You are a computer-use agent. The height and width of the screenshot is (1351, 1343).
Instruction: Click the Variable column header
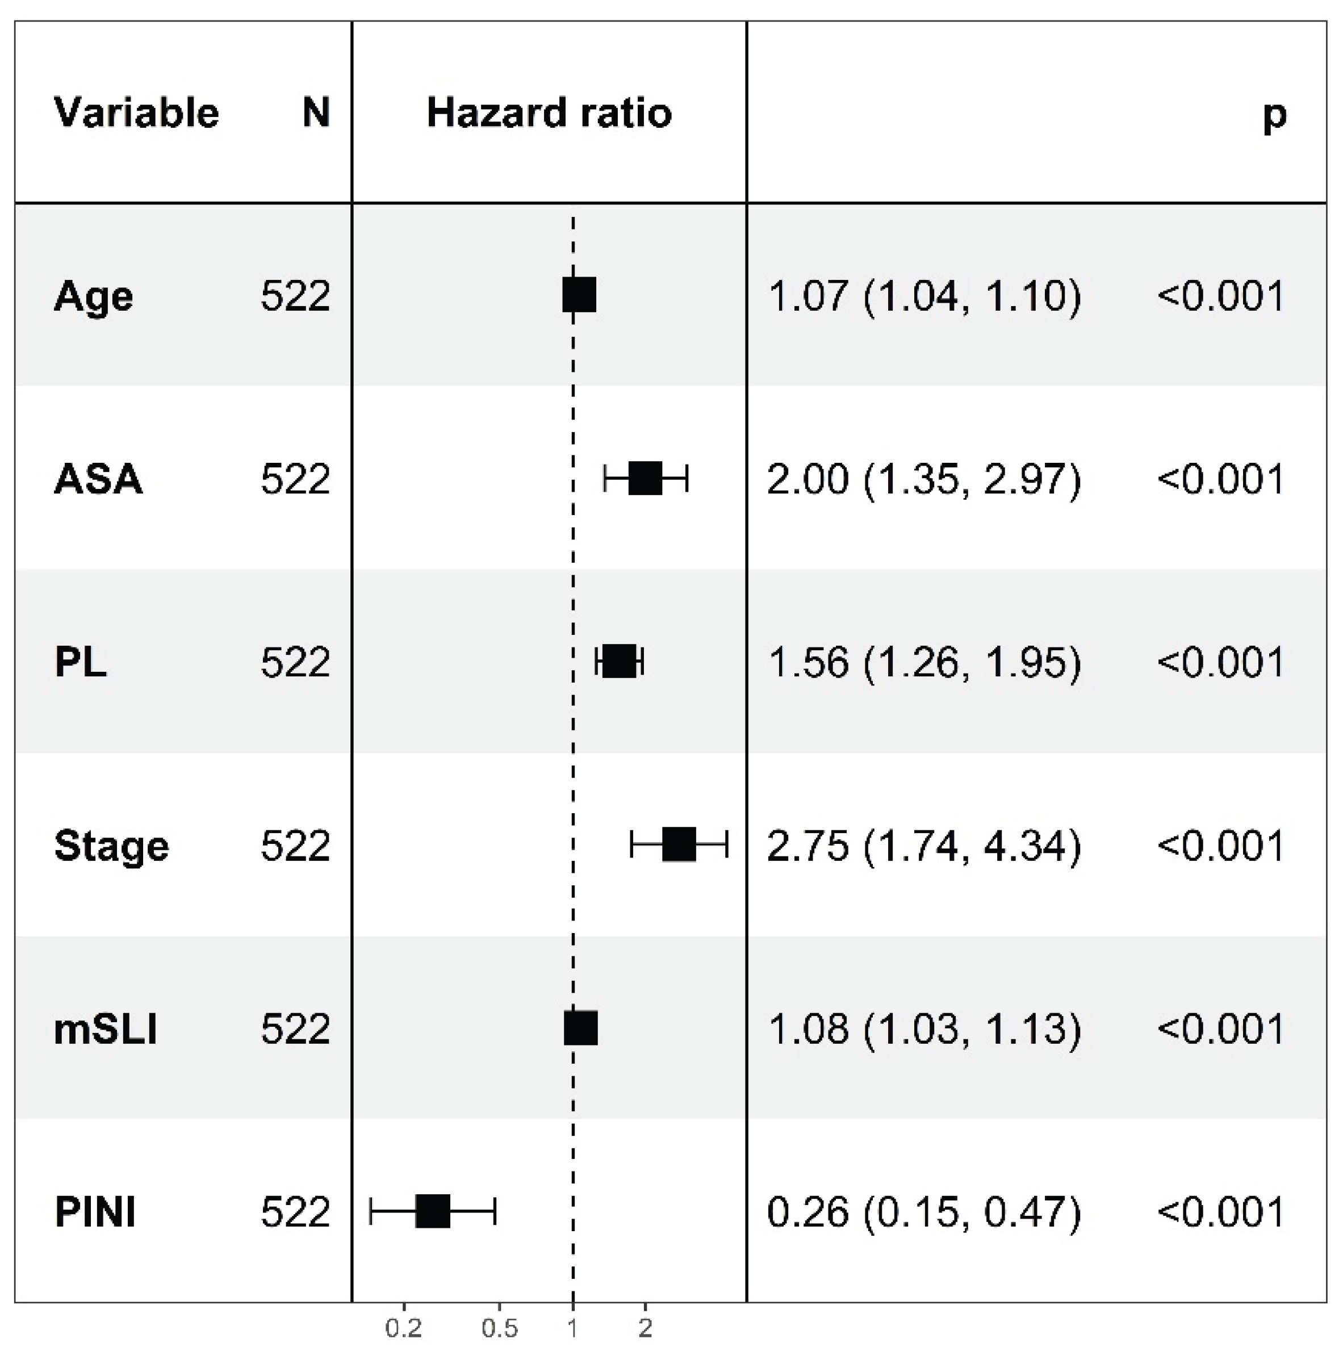coord(136,112)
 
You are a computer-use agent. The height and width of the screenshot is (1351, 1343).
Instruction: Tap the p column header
coord(1274,114)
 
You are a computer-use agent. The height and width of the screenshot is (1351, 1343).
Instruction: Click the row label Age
coord(93,296)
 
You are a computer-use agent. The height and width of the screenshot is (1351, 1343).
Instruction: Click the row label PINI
coord(95,1212)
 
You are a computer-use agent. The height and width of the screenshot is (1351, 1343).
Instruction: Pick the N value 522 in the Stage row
coord(295,846)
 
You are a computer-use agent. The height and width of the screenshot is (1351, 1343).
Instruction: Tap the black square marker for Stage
coord(679,844)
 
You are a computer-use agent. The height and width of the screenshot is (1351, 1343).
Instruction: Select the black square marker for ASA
coord(645,478)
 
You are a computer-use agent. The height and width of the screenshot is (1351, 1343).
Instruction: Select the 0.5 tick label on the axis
coord(499,1328)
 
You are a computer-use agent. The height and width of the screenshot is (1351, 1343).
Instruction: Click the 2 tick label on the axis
coord(645,1328)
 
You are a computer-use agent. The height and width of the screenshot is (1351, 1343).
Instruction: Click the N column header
coord(316,112)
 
